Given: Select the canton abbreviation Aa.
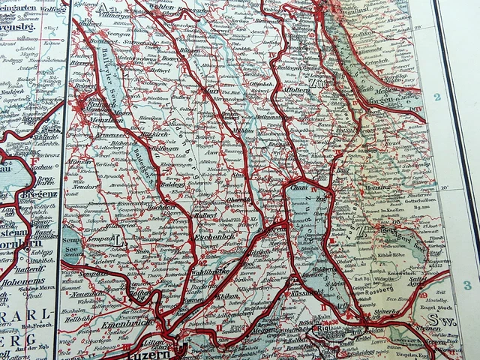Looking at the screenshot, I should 106,7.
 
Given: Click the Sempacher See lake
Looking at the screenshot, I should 73,245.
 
